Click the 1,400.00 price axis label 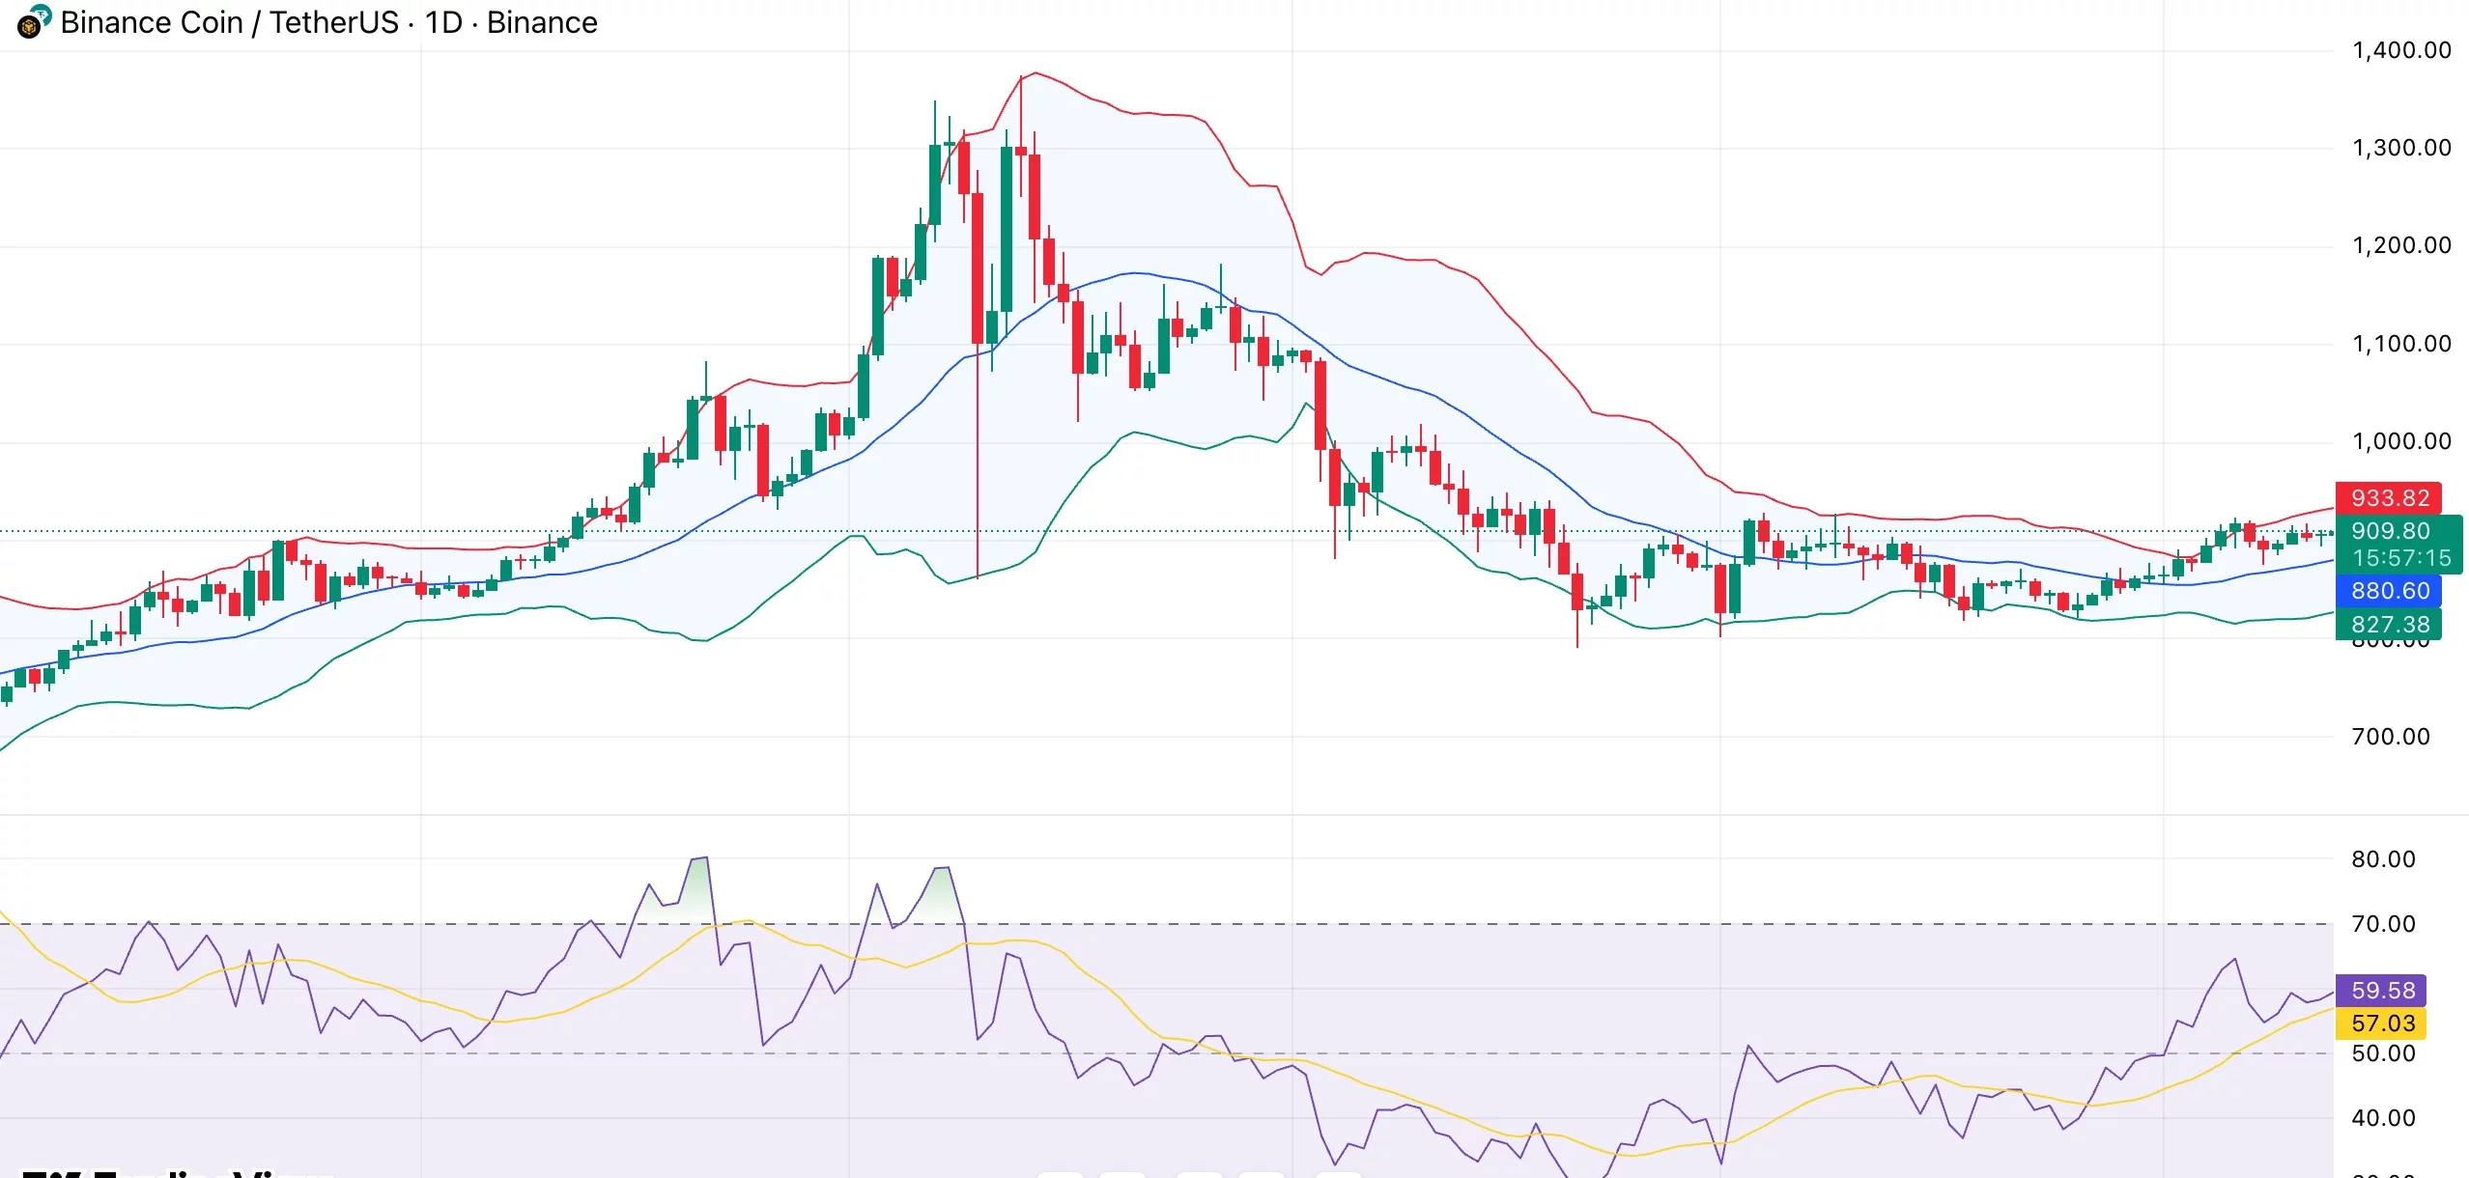2401,50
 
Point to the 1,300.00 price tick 2401,148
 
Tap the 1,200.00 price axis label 2401,245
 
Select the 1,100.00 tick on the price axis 2401,344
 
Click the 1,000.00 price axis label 2401,441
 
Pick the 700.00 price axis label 2390,737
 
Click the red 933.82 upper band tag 2389,498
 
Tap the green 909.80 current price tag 2390,531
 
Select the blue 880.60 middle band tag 2389,591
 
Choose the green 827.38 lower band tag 2389,625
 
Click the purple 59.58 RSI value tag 2382,991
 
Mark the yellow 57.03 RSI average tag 2382,1024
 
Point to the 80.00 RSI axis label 2382,859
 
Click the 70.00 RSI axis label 2382,924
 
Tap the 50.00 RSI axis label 2382,1053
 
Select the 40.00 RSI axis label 2382,1118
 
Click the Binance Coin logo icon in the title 33,22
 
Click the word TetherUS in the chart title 333,22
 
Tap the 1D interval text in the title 443,22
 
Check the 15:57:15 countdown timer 2400,558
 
